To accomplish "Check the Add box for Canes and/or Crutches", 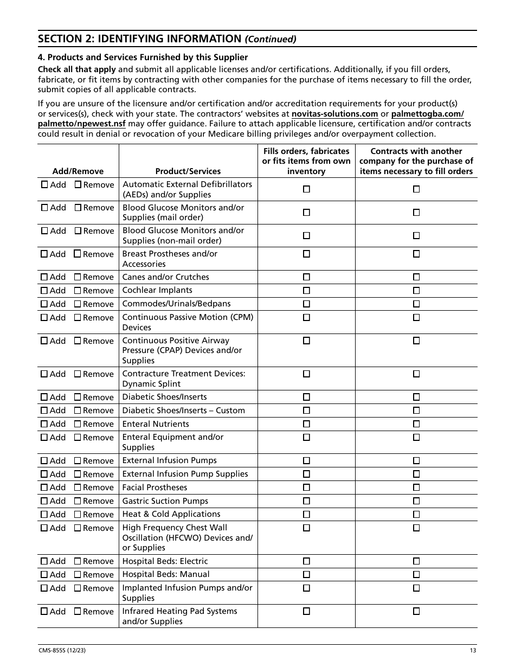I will (44, 277).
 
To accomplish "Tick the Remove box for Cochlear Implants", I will (78, 291).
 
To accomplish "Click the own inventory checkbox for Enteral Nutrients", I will (306, 424).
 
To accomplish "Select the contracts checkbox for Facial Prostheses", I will (416, 488).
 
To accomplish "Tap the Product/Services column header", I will (188, 171).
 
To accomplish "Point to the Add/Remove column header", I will (78, 171).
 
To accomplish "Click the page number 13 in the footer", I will (473, 651).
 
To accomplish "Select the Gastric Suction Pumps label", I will (165, 501).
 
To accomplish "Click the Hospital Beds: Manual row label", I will (166, 574).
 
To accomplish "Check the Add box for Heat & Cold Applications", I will (44, 515).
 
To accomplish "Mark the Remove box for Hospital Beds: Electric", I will (78, 561).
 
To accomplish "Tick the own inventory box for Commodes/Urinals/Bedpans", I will (306, 304).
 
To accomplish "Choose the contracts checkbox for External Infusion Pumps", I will (416, 460).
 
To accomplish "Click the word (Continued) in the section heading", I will (271, 39).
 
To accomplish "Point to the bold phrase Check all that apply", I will (76, 69).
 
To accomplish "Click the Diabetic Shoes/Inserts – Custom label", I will (184, 411).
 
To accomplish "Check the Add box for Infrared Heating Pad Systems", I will (44, 611).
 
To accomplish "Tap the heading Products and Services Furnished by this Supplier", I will (143, 57).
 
